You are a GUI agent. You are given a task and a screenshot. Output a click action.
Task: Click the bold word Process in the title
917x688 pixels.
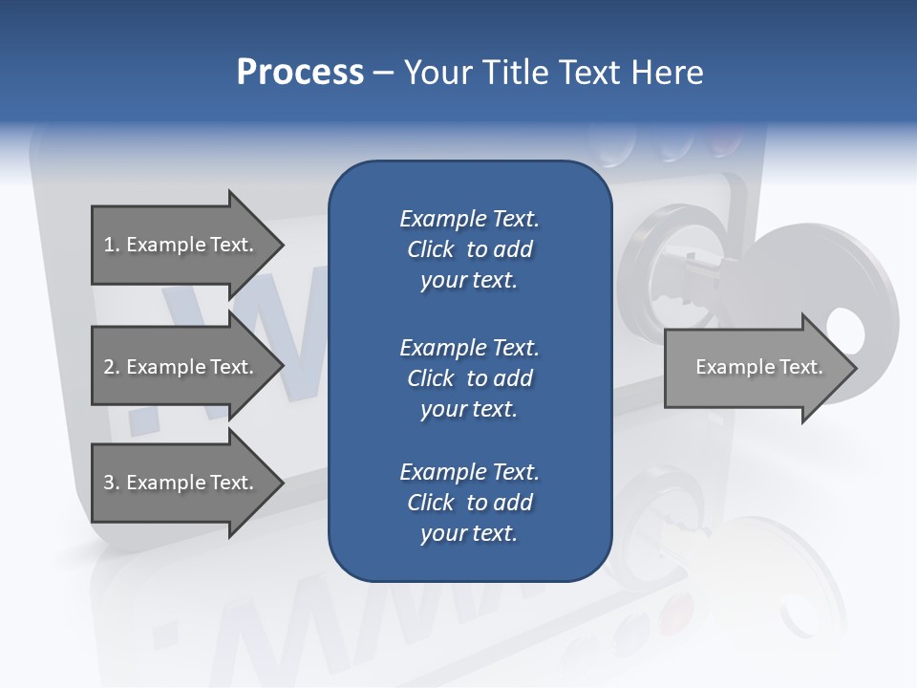click(300, 73)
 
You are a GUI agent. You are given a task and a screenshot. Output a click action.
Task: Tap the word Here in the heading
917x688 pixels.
click(667, 73)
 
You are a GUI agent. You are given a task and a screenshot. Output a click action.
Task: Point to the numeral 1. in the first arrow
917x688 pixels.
click(111, 245)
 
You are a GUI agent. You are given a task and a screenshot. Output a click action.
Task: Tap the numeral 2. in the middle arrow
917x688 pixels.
click(111, 367)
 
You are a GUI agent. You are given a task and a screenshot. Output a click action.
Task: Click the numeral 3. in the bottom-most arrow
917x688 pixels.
click(111, 483)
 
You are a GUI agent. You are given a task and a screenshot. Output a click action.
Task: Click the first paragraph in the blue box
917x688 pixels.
click(469, 249)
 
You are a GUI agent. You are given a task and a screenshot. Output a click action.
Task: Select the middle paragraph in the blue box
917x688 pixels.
click(469, 377)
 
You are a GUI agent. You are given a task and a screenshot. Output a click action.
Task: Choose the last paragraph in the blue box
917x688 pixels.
click(469, 503)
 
